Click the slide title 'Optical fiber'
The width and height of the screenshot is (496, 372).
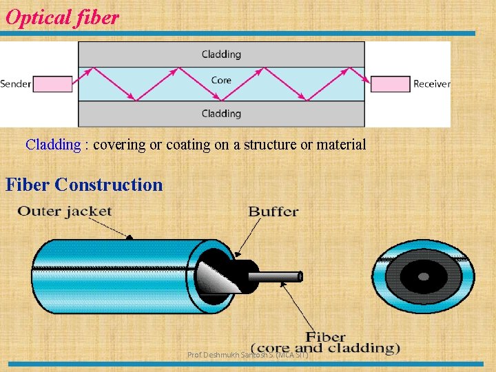pos(62,17)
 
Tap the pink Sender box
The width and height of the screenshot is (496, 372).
pos(52,84)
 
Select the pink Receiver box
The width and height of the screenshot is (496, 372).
pos(390,84)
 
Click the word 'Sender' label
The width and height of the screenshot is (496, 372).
pos(16,84)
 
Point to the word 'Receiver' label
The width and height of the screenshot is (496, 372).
pos(431,84)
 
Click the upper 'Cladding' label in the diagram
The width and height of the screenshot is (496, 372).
pos(221,54)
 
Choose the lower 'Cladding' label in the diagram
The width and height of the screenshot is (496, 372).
pos(221,114)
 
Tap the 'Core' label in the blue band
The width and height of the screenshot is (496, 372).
pos(221,81)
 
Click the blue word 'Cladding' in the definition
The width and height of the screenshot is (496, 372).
pos(53,145)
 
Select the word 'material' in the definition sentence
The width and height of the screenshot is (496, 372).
pos(341,145)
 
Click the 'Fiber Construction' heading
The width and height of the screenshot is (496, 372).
pos(84,185)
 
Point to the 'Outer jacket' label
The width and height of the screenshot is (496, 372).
pos(65,211)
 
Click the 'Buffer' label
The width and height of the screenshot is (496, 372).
pos(273,211)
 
